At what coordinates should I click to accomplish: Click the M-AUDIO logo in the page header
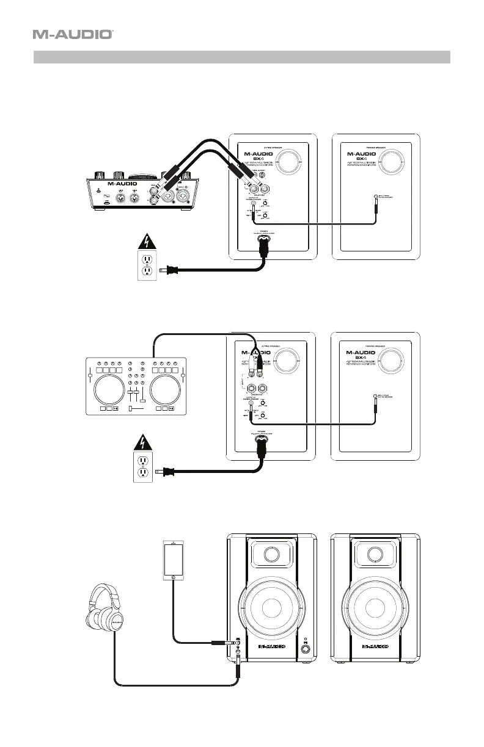coord(73,35)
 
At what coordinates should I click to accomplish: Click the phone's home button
coord(174,577)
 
